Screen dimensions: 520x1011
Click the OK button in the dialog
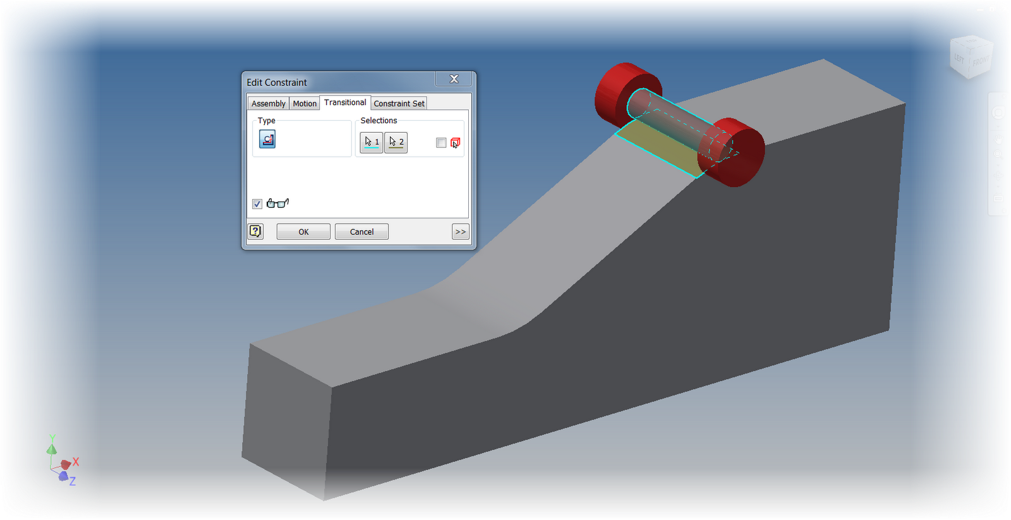click(303, 232)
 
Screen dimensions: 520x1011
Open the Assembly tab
click(268, 104)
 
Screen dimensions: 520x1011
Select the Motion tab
click(305, 104)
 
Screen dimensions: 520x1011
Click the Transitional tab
click(345, 102)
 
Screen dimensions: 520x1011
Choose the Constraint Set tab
click(399, 104)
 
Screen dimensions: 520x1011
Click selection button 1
click(372, 142)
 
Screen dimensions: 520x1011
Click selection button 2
click(396, 142)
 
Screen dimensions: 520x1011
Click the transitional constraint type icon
click(267, 139)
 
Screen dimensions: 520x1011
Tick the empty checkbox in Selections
click(441, 143)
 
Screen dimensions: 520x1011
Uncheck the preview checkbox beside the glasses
click(257, 203)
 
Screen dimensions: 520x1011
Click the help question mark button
click(255, 231)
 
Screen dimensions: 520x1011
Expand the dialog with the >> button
click(461, 232)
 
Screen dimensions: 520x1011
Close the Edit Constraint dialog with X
click(454, 79)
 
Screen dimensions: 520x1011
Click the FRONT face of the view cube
click(981, 62)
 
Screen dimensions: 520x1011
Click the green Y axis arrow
click(52, 447)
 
